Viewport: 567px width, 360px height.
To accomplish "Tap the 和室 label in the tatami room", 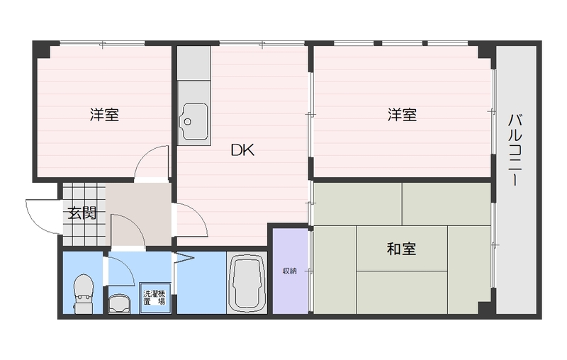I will point(401,249).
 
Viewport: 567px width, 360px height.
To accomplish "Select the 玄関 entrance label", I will point(82,212).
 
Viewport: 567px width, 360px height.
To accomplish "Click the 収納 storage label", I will point(290,271).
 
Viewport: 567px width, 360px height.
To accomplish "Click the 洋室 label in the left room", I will point(104,115).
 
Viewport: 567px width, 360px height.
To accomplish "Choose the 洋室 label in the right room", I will point(402,115).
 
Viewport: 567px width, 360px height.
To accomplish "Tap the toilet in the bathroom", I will point(84,291).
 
